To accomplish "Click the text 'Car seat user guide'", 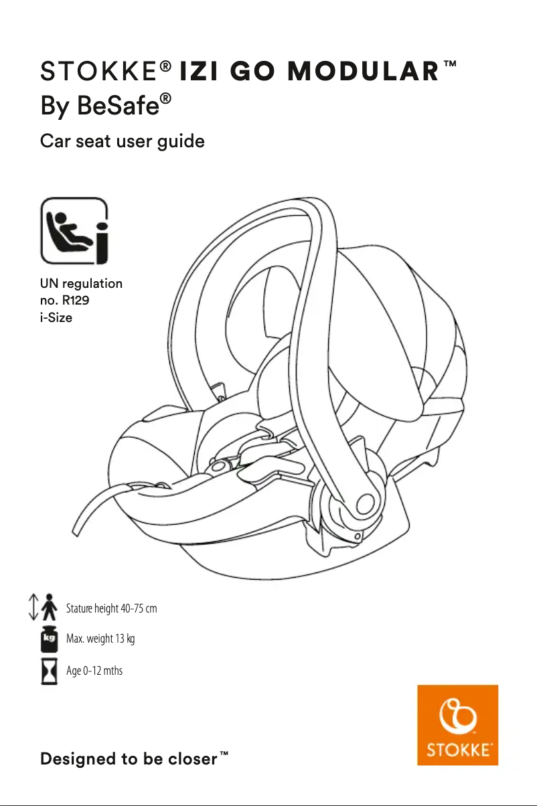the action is [x=123, y=142].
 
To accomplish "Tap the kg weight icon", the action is [x=48, y=639].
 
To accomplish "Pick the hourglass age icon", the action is [x=48, y=671].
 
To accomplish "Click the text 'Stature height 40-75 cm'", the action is [x=112, y=609].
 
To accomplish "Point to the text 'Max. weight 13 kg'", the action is [x=100, y=639].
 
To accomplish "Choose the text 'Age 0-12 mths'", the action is [x=94, y=670].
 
